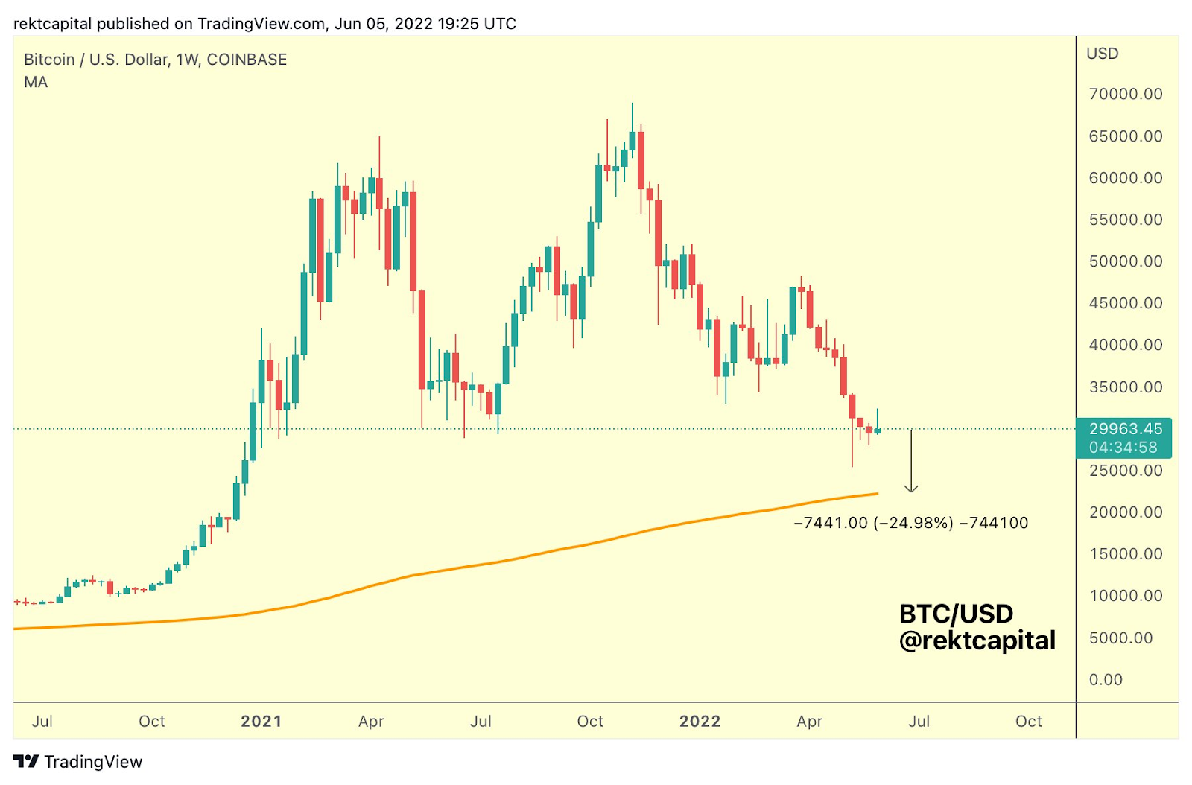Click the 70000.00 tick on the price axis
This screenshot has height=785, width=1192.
[x=1125, y=94]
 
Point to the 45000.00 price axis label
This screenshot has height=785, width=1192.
[x=1125, y=303]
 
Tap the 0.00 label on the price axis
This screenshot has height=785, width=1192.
[x=1106, y=679]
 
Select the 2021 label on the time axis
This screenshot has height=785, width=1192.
[x=261, y=721]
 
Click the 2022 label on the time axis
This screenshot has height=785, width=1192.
[x=700, y=721]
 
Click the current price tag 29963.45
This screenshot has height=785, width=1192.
[x=1125, y=428]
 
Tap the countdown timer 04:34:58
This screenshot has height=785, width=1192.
[x=1123, y=448]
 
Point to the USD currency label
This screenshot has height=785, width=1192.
[x=1102, y=54]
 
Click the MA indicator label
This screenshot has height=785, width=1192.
[x=36, y=82]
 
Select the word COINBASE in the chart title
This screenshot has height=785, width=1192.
[x=247, y=60]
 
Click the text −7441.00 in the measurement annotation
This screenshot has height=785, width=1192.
[x=831, y=523]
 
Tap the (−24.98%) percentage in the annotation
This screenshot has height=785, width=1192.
[x=913, y=523]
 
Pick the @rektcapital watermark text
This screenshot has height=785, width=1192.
[x=977, y=641]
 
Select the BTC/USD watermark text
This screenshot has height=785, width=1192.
[x=956, y=614]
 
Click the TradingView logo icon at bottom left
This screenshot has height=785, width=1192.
[x=26, y=761]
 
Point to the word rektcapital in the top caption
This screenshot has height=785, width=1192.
[x=52, y=24]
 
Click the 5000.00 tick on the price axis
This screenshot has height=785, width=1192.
[x=1120, y=638]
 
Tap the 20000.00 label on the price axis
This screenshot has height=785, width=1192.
[x=1125, y=512]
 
